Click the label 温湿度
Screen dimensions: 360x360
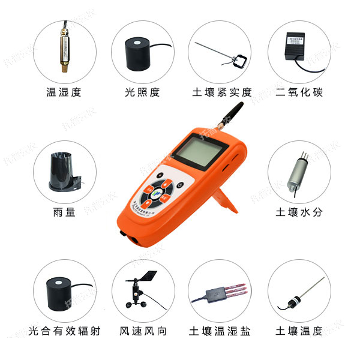(63, 92)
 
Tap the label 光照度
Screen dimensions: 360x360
(142, 92)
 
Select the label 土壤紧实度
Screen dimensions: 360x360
(221, 92)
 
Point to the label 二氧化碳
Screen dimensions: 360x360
(299, 92)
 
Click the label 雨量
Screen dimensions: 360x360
(63, 212)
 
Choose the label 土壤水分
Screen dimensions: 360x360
(299, 212)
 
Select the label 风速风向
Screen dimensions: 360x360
(142, 331)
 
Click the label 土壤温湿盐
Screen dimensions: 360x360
(220, 331)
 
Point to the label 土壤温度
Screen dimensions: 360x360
(299, 331)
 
